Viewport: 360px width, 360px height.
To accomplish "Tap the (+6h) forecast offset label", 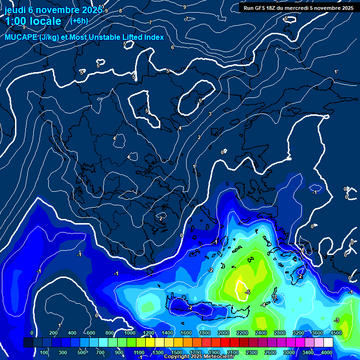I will click(x=79, y=21).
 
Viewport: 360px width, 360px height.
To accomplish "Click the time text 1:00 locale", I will click(x=33, y=21).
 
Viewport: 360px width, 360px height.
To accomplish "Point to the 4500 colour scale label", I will click(x=336, y=333).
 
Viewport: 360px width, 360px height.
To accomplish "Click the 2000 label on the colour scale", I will click(x=224, y=333).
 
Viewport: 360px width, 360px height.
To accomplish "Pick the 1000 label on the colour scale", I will click(x=129, y=333).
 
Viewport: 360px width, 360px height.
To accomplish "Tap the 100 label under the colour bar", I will click(x=45, y=352).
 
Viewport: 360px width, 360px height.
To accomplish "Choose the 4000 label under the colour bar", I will click(x=327, y=352).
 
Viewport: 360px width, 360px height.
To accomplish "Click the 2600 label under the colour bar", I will click(x=270, y=352).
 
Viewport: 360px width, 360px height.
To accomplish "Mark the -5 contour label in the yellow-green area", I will click(x=247, y=292).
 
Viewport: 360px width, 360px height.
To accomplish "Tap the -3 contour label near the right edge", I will click(x=336, y=320).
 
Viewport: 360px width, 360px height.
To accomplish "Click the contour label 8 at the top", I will click(x=120, y=11).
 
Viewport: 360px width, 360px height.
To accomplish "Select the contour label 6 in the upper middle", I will click(x=172, y=47).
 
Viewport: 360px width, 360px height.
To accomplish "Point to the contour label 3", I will click(x=210, y=114).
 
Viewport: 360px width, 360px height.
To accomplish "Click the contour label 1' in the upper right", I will click(x=336, y=72).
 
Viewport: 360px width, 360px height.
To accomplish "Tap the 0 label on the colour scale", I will click(x=32, y=333).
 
